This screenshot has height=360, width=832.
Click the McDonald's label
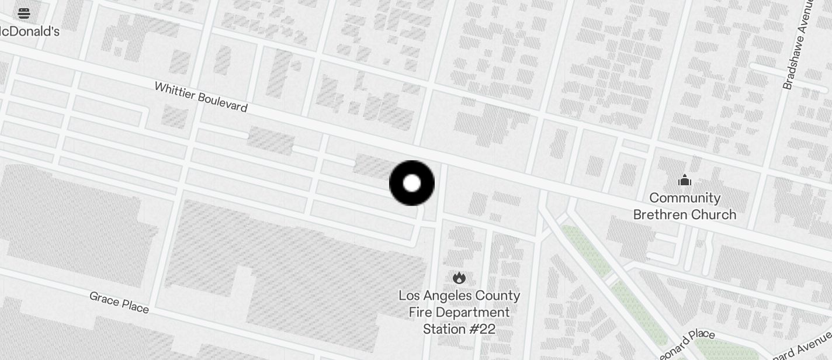point(29,32)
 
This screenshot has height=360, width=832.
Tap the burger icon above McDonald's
point(24,13)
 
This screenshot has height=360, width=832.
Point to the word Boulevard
point(223,103)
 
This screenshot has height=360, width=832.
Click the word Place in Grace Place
point(135,306)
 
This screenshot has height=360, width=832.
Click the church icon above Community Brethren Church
point(685,181)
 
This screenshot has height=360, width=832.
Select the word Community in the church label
point(685,198)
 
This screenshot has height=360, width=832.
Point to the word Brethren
point(663,214)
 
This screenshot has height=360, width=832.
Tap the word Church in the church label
point(715,214)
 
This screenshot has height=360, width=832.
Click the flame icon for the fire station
point(459,278)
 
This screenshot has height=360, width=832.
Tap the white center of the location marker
point(412,183)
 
